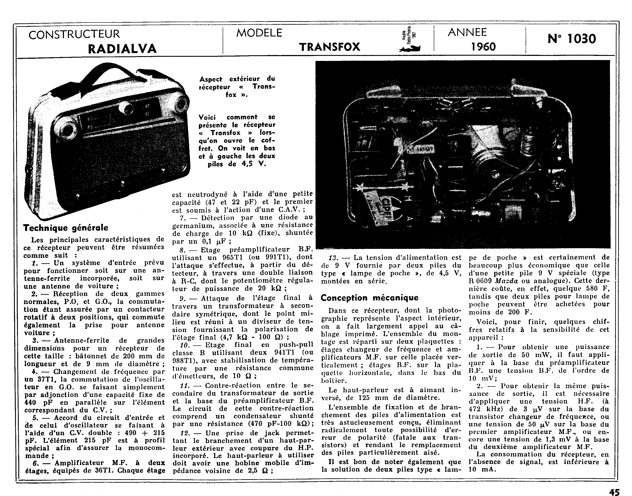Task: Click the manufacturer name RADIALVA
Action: (122, 48)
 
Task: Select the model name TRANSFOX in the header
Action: (330, 47)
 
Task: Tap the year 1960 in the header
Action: (483, 46)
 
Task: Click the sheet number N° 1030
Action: (572, 39)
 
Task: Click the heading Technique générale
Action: (66, 228)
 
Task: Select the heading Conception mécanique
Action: (369, 298)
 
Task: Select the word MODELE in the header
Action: (259, 33)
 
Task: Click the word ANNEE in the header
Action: (467, 32)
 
